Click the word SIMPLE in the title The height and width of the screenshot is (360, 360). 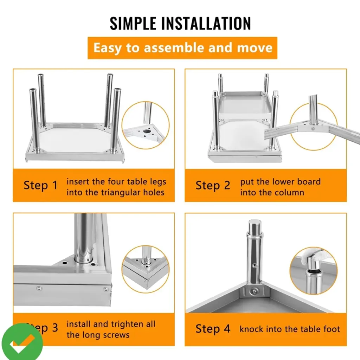[133, 23]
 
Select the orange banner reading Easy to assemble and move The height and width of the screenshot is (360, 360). [182, 48]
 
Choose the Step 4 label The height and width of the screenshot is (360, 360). [213, 329]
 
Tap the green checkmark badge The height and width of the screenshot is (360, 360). [22, 342]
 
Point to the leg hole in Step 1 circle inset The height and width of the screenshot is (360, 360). [147, 131]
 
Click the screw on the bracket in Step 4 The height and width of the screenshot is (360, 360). [254, 291]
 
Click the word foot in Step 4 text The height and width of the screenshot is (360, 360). [332, 329]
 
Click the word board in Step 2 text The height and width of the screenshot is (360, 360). [309, 182]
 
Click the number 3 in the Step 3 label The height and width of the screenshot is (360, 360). [55, 328]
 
